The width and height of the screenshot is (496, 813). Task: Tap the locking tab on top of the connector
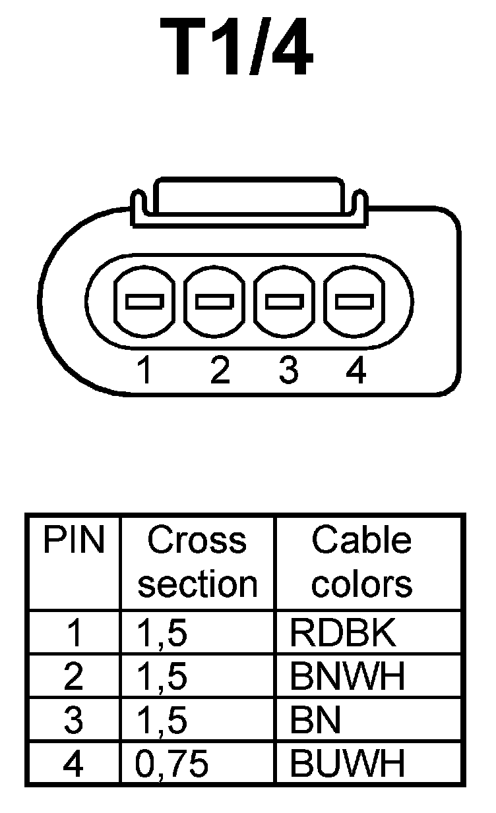coord(248,198)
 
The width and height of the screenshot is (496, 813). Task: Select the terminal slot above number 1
coord(144,302)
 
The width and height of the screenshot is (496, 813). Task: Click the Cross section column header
coord(197,562)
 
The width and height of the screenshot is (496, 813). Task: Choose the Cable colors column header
coord(361,562)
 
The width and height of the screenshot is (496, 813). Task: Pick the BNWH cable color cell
coord(347,677)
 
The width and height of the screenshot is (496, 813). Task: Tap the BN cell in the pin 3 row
coord(315,721)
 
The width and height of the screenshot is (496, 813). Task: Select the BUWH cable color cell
coord(347,764)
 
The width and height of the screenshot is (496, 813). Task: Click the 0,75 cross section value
coord(172,764)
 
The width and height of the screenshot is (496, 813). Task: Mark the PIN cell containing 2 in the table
coord(74,677)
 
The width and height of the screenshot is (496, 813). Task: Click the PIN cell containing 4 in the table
coord(74,764)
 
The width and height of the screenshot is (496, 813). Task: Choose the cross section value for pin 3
coord(162,721)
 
